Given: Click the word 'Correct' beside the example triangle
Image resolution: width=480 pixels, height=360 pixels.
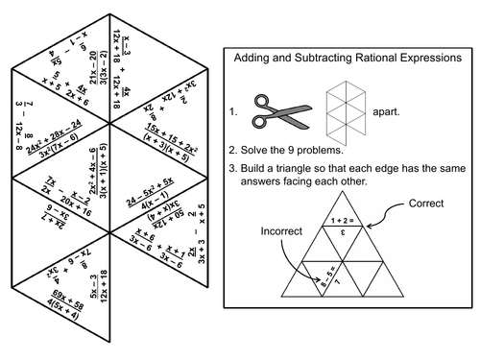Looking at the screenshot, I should tap(427, 204).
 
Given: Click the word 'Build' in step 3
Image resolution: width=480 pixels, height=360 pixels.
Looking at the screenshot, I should tap(256, 171).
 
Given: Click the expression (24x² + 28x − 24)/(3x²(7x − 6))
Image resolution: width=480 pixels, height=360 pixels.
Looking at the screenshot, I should tap(68, 140).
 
